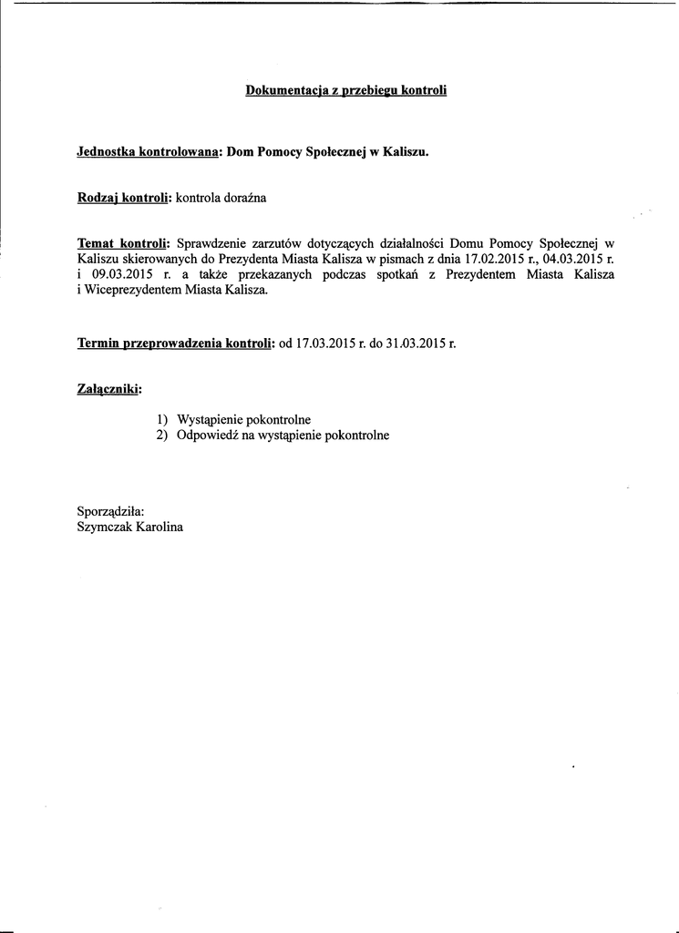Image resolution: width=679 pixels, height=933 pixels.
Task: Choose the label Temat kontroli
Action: coord(123,243)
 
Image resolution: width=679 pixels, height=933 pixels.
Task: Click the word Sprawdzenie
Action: coord(211,243)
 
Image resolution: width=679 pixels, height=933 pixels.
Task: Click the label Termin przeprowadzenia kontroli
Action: coord(175,343)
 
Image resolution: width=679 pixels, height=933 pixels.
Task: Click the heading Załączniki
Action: coord(109,389)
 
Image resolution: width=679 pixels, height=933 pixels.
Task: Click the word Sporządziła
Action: coord(111,511)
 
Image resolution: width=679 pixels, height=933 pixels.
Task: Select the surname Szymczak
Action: coord(105,527)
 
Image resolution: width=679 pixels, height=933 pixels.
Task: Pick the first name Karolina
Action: coord(159,527)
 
